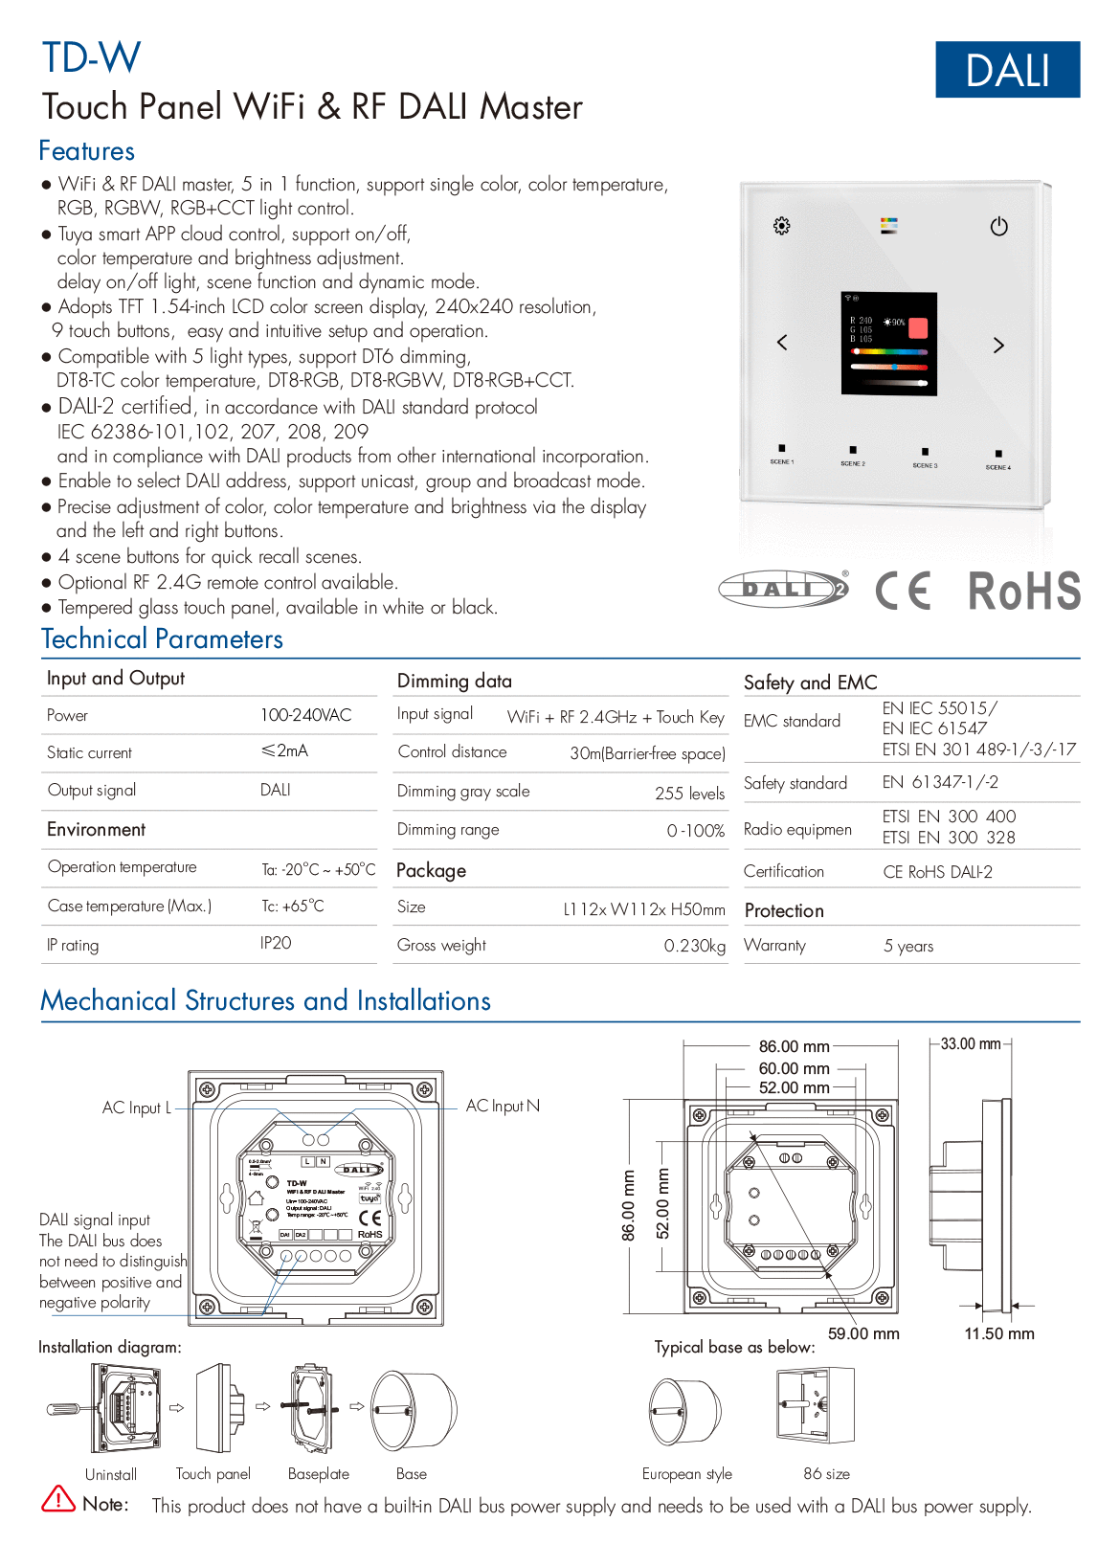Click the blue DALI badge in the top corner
click(x=1007, y=70)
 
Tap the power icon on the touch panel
click(x=998, y=227)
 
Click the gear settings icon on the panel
click(x=781, y=226)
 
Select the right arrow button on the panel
click(x=998, y=346)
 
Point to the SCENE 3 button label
click(x=925, y=465)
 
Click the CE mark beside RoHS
click(x=903, y=590)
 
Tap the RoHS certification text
click(x=1023, y=591)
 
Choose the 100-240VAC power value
click(x=305, y=715)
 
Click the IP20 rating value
click(x=276, y=943)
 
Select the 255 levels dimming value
click(x=689, y=794)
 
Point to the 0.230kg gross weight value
click(x=694, y=946)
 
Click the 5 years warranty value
click(x=907, y=946)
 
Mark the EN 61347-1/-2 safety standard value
click(x=939, y=782)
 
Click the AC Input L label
click(x=136, y=1108)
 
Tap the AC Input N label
click(x=503, y=1106)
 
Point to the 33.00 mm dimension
click(x=970, y=1043)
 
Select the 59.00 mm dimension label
click(x=862, y=1333)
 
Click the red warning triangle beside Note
click(x=58, y=1499)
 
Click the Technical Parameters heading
click(x=162, y=639)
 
